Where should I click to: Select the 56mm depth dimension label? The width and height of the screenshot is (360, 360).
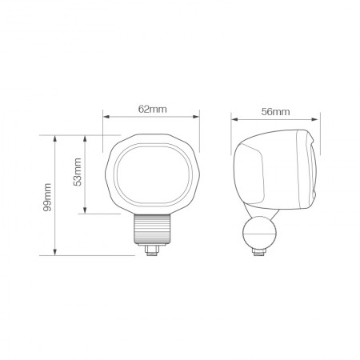[275, 112]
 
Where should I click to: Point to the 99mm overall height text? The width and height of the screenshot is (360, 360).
[47, 196]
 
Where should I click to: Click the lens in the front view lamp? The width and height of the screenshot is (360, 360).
[151, 174]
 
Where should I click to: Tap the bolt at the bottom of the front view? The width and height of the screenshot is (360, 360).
[151, 250]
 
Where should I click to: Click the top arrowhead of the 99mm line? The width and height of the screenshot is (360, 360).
[54, 138]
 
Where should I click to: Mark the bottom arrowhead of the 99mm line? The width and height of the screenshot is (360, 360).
[54, 254]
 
